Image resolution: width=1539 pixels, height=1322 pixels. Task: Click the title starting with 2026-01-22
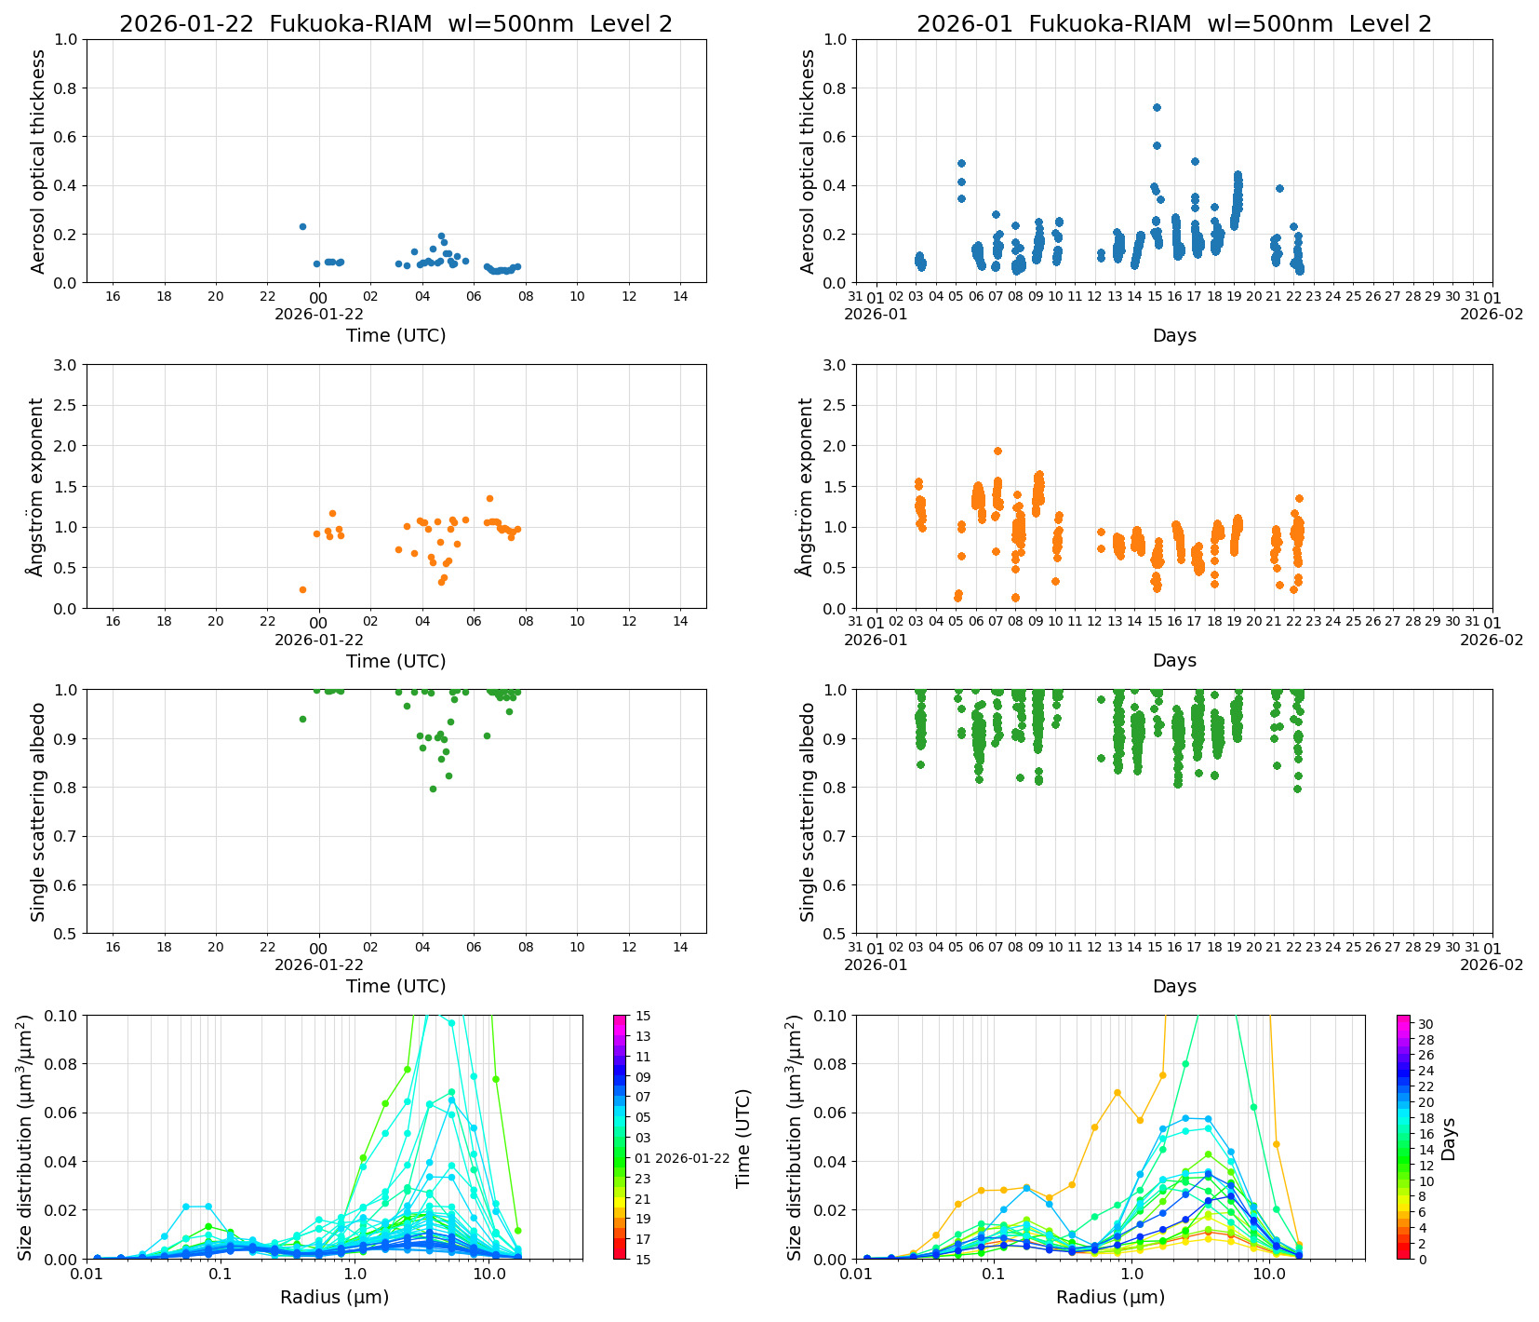(x=395, y=24)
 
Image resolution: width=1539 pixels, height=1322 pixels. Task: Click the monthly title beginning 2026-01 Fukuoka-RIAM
(x=1173, y=24)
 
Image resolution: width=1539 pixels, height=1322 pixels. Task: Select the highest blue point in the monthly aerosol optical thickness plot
(x=1157, y=108)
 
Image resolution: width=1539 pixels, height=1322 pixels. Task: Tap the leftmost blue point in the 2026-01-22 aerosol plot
(x=302, y=226)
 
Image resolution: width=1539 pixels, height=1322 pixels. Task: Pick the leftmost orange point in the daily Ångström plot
(x=302, y=589)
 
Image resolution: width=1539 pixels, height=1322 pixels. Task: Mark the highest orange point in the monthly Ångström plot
(x=997, y=452)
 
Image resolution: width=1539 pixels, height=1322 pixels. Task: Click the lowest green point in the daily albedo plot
(x=433, y=789)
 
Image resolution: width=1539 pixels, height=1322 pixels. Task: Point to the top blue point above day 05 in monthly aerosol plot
(x=961, y=164)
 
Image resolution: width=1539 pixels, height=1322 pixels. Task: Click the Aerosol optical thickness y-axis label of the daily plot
(x=38, y=161)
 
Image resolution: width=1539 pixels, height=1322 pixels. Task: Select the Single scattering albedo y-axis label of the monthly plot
(x=808, y=812)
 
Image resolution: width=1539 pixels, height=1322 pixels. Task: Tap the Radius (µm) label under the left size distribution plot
(x=334, y=1297)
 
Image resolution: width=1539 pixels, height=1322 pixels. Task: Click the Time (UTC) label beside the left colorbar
(x=743, y=1138)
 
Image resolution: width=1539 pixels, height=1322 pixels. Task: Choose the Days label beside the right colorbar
(x=1449, y=1138)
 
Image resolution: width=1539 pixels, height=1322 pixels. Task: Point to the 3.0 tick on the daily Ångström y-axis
(x=67, y=365)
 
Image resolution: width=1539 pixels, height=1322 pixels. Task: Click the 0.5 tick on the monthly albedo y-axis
(x=836, y=934)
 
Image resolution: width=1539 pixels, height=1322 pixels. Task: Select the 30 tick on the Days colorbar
(x=1425, y=1024)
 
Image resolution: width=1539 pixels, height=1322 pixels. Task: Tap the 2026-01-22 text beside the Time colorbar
(x=692, y=1158)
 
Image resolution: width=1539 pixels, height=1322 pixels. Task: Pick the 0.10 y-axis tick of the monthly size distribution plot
(x=831, y=1016)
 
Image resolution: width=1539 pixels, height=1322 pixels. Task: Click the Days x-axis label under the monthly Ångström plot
(x=1174, y=661)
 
